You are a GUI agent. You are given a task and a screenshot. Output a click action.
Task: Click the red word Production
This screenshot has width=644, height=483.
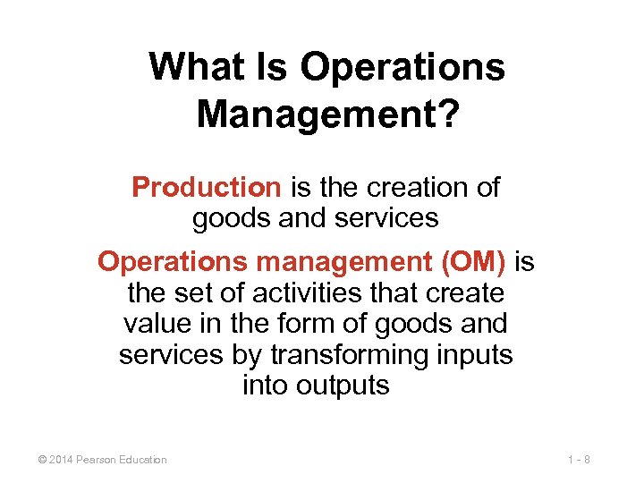206,188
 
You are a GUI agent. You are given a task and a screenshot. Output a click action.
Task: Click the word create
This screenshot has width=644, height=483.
463,292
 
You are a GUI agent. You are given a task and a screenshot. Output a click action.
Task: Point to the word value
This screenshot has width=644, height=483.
154,324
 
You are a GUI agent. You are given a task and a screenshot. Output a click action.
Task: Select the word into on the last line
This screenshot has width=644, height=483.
261,386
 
